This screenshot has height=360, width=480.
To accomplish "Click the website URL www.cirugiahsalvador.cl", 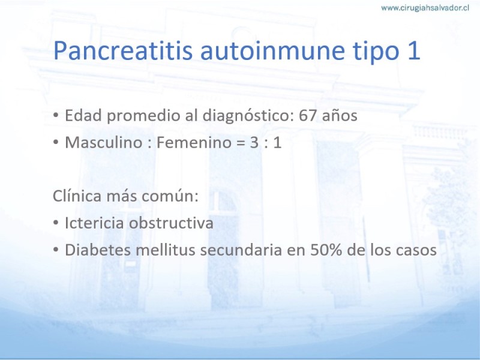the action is pyautogui.click(x=425, y=8).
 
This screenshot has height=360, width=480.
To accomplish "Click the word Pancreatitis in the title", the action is pyautogui.click(x=123, y=50).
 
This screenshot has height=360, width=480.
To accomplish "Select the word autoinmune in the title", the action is pyautogui.click(x=272, y=50).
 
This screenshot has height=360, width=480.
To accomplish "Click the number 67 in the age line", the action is pyautogui.click(x=308, y=116).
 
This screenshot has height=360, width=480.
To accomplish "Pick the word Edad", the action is pyautogui.click(x=83, y=116).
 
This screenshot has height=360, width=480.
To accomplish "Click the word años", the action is pyautogui.click(x=340, y=116).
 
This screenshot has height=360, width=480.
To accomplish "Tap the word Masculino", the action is pyautogui.click(x=103, y=142).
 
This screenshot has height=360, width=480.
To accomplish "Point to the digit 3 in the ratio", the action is pyautogui.click(x=254, y=143).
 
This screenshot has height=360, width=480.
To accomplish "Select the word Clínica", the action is pyautogui.click(x=77, y=196).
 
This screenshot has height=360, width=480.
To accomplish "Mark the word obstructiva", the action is pyautogui.click(x=171, y=223).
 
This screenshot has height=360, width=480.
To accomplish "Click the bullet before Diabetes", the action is pyautogui.click(x=56, y=250).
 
